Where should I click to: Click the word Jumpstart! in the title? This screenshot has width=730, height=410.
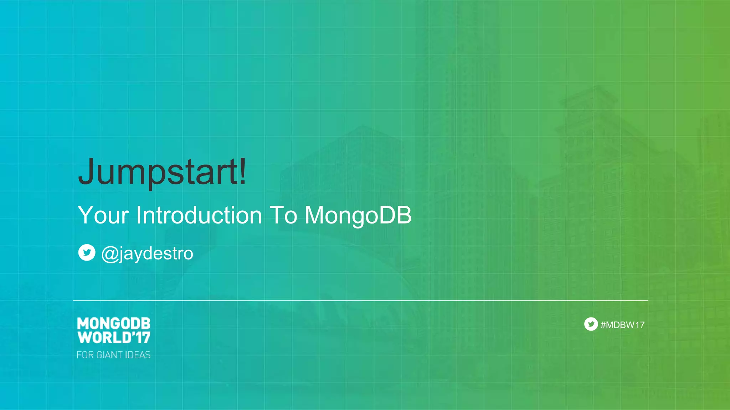[x=162, y=172]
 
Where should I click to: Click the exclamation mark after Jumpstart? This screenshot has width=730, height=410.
[x=243, y=171]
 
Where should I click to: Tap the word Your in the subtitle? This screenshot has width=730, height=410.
[x=103, y=215]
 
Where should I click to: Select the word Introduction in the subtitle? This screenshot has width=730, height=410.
[x=199, y=215]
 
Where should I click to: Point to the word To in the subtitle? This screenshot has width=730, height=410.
[x=283, y=215]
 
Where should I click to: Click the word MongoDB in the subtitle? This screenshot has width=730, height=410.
[x=358, y=215]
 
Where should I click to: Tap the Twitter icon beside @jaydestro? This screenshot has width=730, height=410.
[x=87, y=253]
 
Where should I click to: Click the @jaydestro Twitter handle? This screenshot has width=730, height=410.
[x=147, y=253]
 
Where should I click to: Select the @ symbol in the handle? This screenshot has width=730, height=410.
[x=110, y=254]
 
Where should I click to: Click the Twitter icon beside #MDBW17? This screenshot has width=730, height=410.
[x=591, y=324]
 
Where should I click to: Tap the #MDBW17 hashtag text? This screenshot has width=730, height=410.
[x=622, y=325]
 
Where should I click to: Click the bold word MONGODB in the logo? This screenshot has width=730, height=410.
[x=114, y=324]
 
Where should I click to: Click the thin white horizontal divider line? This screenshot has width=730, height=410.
[x=360, y=300]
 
